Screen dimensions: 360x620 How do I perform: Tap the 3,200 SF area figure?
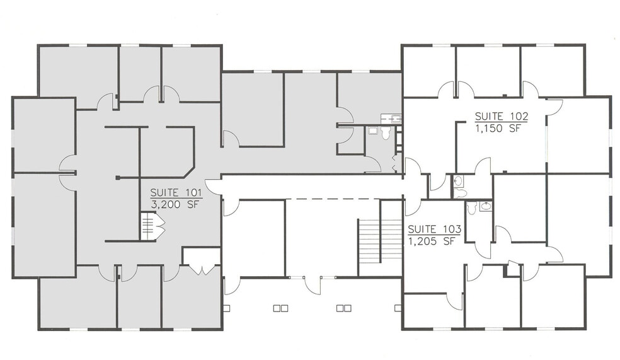(171, 204)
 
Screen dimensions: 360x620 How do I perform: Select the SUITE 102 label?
(501, 116)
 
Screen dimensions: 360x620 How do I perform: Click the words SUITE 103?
(434, 229)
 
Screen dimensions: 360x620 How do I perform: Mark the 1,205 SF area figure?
(432, 240)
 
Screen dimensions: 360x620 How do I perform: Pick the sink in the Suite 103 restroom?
(486, 206)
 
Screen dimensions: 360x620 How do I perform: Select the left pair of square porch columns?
(280, 308)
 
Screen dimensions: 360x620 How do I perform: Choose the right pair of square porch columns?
(343, 308)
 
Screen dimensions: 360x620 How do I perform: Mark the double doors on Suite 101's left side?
(67, 173)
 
